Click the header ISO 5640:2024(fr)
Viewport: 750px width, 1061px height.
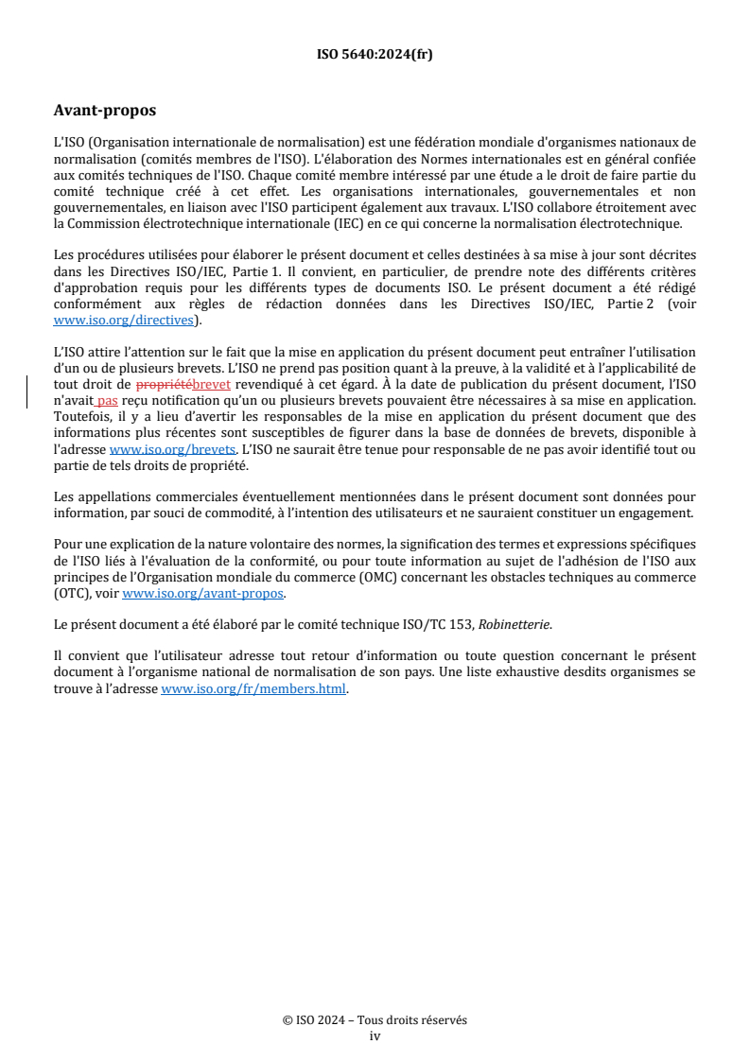(x=375, y=55)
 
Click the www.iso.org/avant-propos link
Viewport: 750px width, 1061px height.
(x=202, y=595)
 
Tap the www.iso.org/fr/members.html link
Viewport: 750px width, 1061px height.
(x=253, y=689)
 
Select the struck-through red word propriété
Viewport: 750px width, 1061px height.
(x=164, y=385)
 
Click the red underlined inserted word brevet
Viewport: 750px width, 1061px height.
(x=211, y=385)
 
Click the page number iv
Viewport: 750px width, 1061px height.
(x=375, y=1035)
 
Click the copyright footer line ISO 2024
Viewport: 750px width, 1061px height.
(x=375, y=1020)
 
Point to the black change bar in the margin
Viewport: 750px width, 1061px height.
(x=27, y=391)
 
